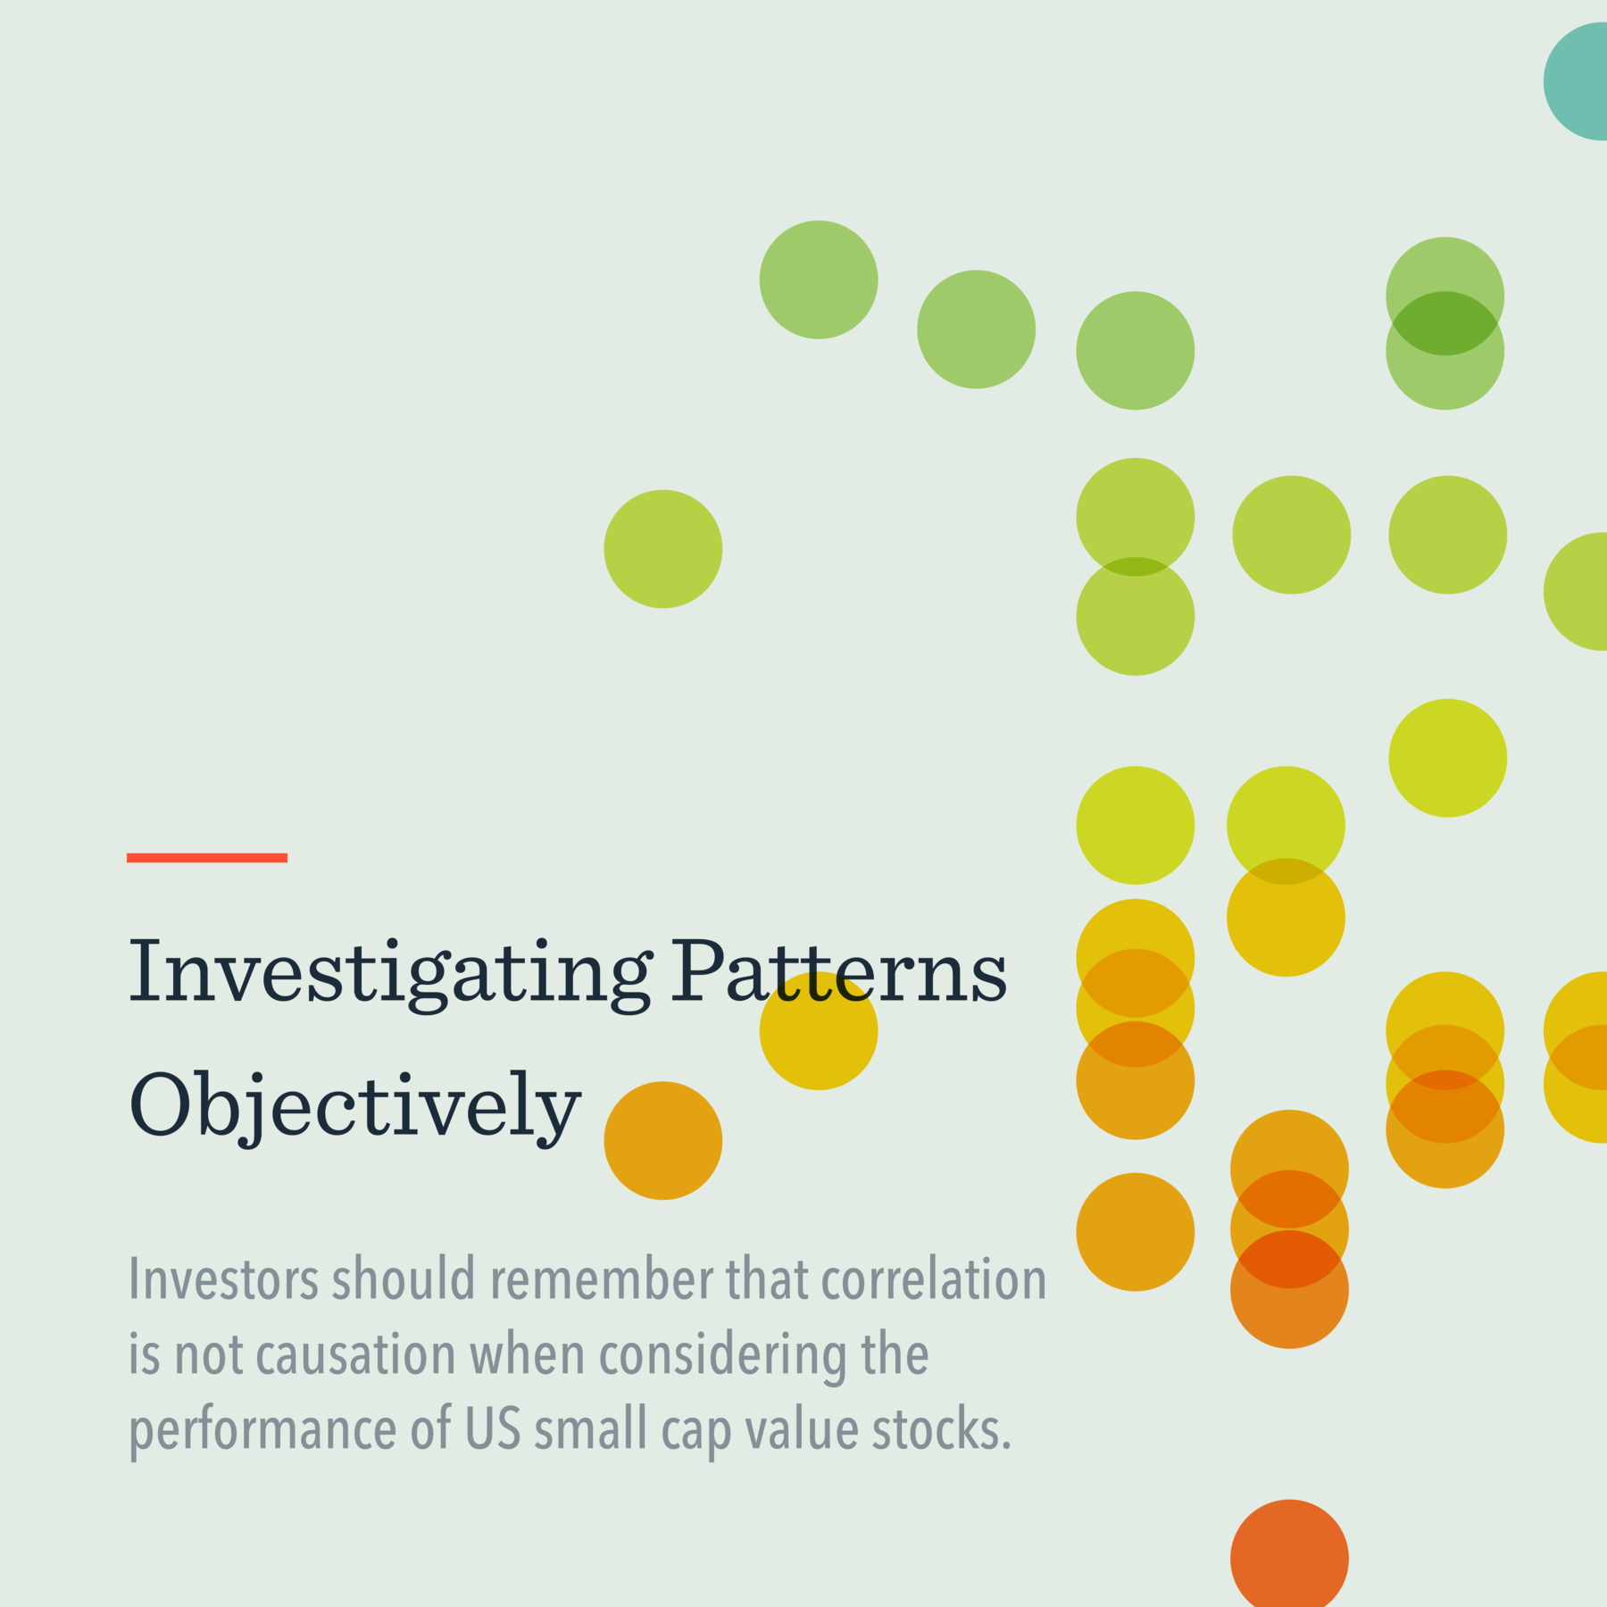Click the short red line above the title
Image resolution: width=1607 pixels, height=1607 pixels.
(x=206, y=858)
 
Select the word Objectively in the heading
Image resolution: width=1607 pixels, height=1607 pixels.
(x=354, y=1105)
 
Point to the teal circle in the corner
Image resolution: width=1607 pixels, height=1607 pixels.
(x=1580, y=81)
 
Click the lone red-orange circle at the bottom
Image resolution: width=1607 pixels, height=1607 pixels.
(x=1289, y=1557)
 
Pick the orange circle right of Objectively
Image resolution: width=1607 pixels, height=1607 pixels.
(x=662, y=1140)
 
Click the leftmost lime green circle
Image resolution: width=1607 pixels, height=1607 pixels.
(x=662, y=549)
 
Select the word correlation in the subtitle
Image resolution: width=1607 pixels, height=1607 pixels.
(x=933, y=1278)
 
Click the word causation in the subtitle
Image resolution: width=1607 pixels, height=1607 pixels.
(x=355, y=1354)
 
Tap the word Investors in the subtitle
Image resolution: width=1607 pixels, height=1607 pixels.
(x=223, y=1278)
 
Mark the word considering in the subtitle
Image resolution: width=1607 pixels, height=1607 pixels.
(x=721, y=1355)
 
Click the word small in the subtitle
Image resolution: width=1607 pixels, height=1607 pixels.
(x=590, y=1428)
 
